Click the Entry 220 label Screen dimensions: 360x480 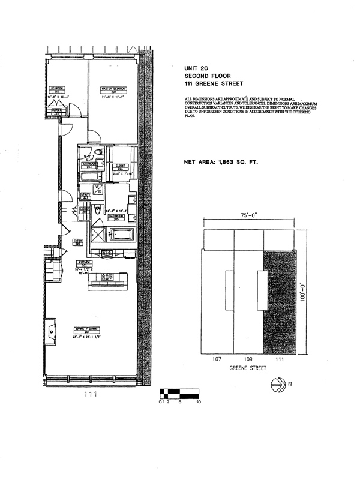point(77,243)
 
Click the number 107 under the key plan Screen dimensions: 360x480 point(217,359)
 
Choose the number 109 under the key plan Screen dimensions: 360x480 point(248,359)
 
